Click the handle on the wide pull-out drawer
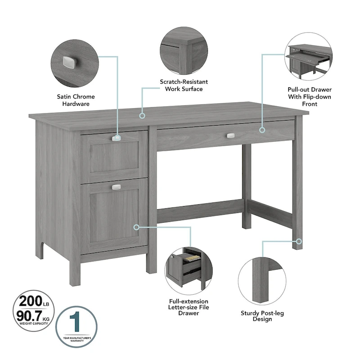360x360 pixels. pos(231,135)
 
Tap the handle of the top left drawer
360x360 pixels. pos(116,139)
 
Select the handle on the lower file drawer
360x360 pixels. pos(116,187)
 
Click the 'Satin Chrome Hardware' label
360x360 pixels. pos(76,100)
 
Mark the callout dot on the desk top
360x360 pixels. pos(142,116)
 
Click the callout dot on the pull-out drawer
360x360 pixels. pos(263,130)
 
